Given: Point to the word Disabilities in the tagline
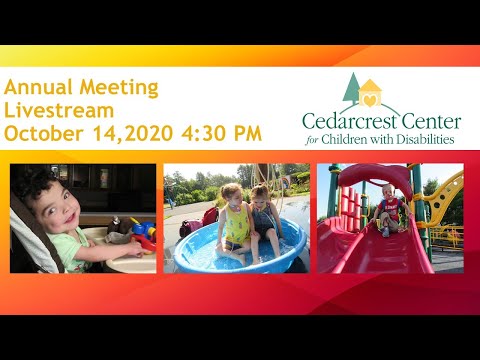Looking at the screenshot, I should (424, 140).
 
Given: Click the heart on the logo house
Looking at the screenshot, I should (371, 100).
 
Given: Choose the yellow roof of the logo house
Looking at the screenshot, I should (371, 87).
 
